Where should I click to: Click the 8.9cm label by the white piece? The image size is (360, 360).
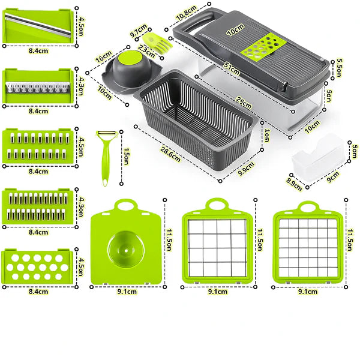tap(294, 182)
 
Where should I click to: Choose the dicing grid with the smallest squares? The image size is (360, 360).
tap(310, 244)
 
